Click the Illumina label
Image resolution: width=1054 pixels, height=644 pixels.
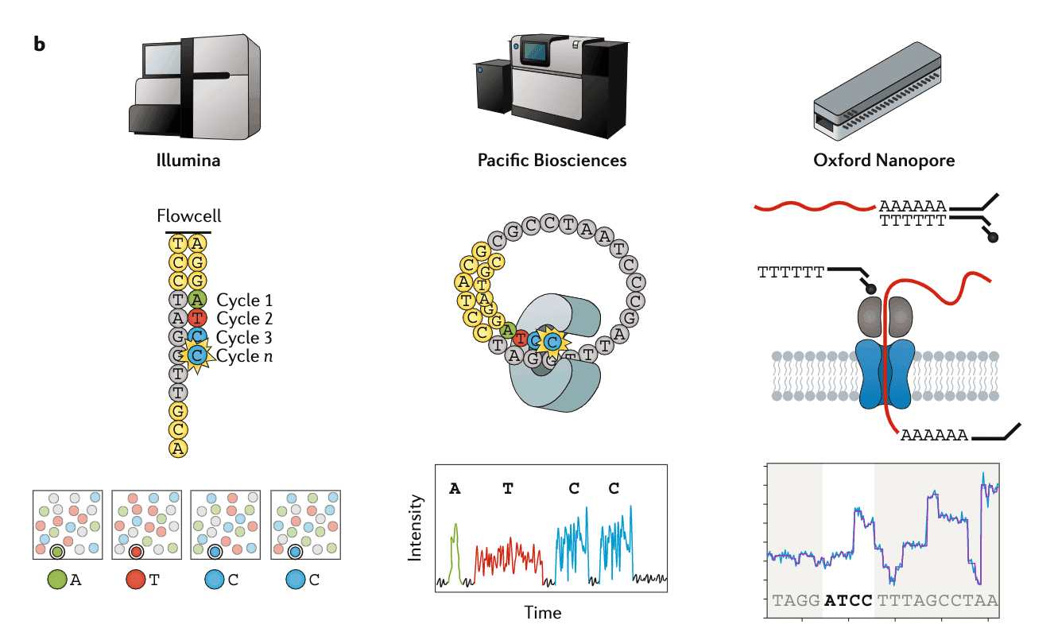[188, 161]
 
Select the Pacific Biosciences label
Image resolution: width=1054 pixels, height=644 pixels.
[552, 161]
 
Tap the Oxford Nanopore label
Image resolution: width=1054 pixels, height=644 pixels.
[884, 161]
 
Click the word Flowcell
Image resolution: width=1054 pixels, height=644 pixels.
[188, 215]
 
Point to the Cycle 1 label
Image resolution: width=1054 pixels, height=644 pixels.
[244, 300]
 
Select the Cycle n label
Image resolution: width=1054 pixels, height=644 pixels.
[244, 356]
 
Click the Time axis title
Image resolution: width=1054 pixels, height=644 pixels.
[542, 612]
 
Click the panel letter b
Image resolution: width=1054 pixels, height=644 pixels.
[40, 44]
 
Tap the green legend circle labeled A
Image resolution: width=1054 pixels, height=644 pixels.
[56, 580]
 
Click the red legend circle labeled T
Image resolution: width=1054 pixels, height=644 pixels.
[135, 580]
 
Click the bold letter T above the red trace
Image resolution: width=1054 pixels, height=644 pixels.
[508, 488]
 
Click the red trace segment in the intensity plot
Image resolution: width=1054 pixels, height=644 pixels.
[509, 557]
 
